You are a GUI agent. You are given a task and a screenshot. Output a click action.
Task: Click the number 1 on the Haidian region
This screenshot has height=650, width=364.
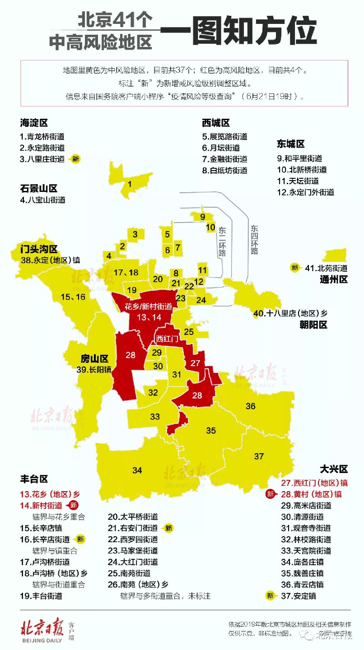click(x=130, y=184)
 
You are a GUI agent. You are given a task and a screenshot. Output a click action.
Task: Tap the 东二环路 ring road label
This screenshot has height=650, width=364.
click(x=222, y=242)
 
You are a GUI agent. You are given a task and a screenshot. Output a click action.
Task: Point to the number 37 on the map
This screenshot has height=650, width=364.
click(x=259, y=456)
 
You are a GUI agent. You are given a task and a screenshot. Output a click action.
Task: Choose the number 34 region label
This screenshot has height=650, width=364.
click(x=137, y=470)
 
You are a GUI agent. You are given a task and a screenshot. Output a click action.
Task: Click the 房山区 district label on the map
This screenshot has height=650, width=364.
click(x=95, y=359)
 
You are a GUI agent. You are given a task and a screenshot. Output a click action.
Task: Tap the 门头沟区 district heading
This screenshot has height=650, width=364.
click(x=39, y=249)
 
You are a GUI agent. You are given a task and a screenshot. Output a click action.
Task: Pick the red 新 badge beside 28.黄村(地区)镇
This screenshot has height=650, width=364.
click(x=270, y=494)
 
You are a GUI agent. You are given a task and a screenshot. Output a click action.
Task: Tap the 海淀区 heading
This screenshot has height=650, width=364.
click(x=34, y=123)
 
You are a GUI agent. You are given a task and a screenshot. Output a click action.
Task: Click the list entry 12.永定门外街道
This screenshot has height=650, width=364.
click(x=306, y=192)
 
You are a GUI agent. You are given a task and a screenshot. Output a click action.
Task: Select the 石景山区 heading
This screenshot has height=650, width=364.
click(x=38, y=188)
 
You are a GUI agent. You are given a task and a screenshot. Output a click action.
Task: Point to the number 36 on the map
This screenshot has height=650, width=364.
click(x=251, y=406)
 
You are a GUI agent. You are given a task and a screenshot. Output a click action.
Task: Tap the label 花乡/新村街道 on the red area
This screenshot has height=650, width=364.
click(x=149, y=306)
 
